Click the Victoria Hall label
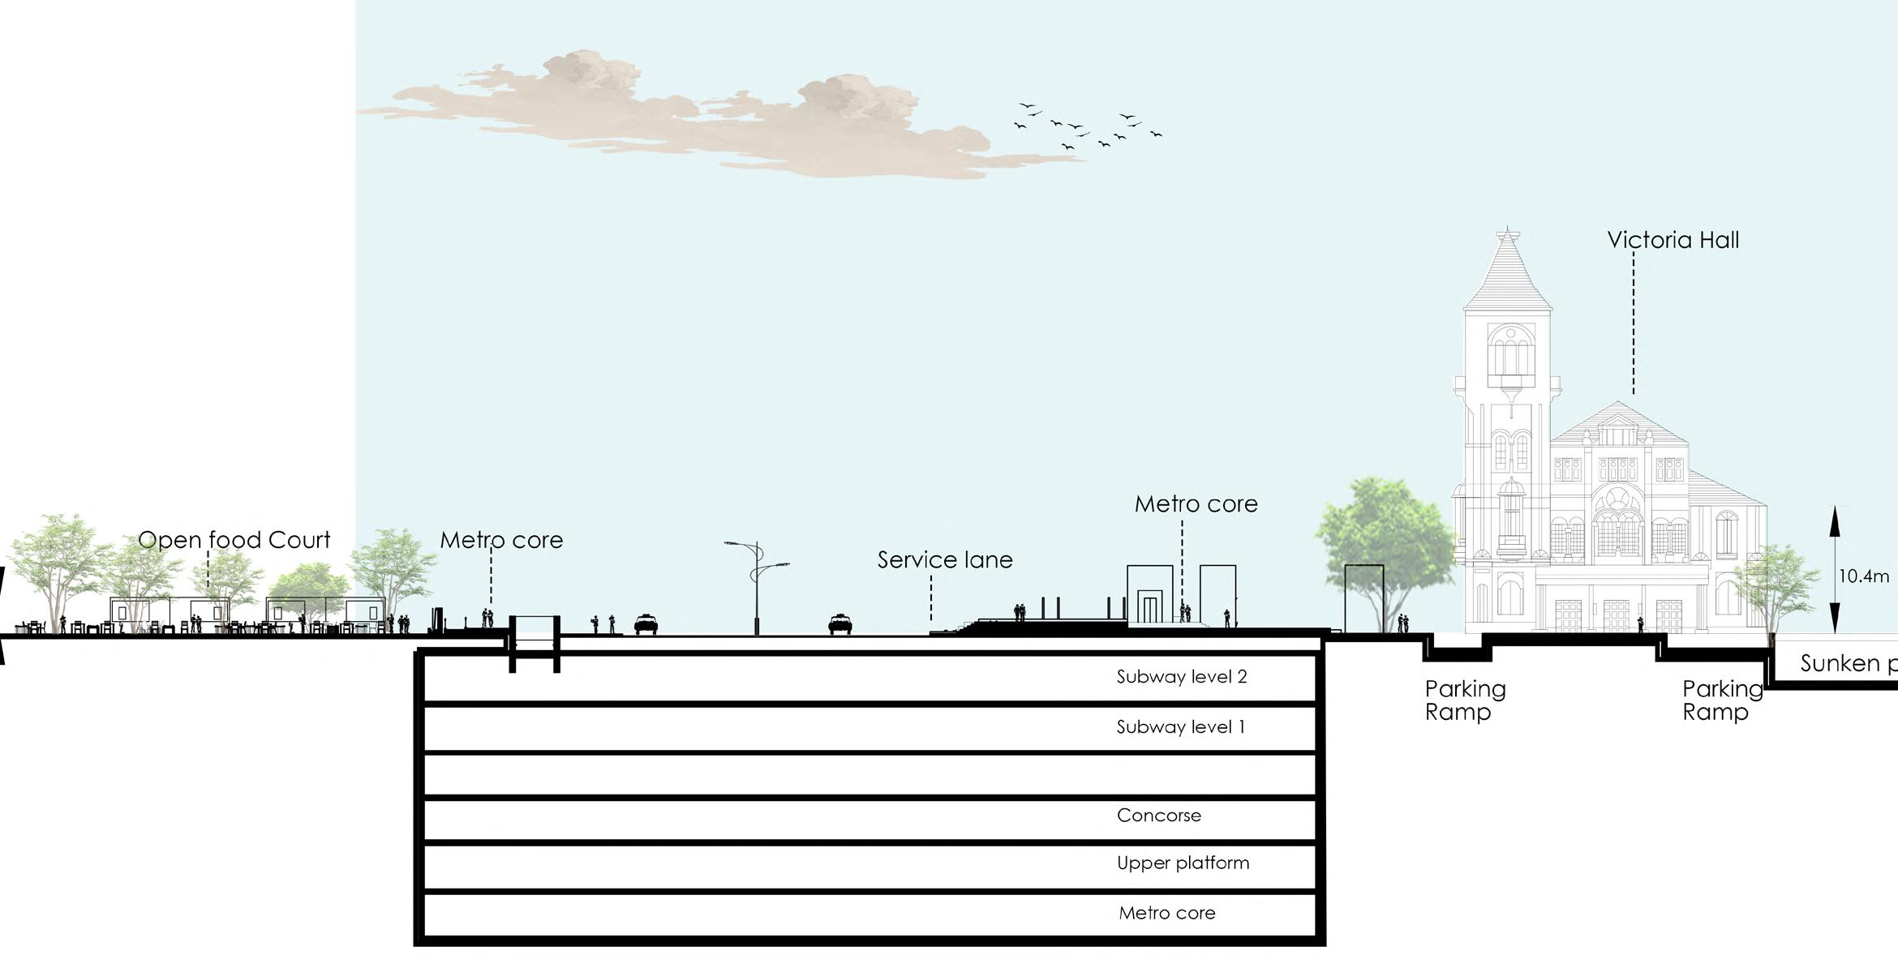click(1673, 240)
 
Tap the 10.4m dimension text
click(1863, 576)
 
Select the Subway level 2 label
click(1181, 677)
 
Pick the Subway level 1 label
click(1180, 727)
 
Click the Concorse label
click(1158, 816)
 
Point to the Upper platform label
click(1183, 863)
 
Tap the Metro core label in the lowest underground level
click(1166, 913)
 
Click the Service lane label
click(945, 560)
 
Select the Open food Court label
click(234, 540)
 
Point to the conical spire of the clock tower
click(1507, 268)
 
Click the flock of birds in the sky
click(1087, 126)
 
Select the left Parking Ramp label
click(1465, 700)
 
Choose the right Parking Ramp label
click(1722, 700)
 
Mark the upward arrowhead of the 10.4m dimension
click(1835, 516)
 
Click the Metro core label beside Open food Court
click(501, 540)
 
